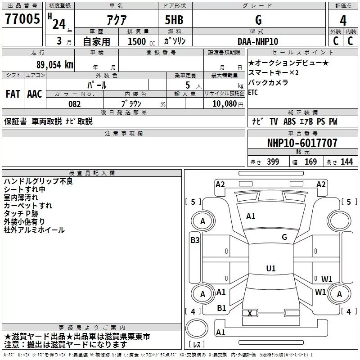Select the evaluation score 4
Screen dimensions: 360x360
(x=343, y=20)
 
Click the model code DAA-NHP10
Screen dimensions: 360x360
(x=258, y=41)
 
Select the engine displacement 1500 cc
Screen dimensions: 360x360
(x=137, y=41)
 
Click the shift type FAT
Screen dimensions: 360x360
(x=13, y=94)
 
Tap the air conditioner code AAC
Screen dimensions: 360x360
(x=35, y=94)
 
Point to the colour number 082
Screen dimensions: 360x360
(x=74, y=104)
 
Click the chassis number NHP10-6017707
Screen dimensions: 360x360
(x=302, y=143)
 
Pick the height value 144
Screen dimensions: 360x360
(x=346, y=162)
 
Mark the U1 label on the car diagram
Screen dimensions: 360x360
(x=270, y=268)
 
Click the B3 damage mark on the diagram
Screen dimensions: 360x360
(x=195, y=240)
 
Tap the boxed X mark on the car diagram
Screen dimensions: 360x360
(x=250, y=313)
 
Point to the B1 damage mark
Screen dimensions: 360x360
(x=221, y=308)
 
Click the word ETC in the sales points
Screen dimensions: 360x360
(x=253, y=93)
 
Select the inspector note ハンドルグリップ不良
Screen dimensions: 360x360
(x=38, y=181)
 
